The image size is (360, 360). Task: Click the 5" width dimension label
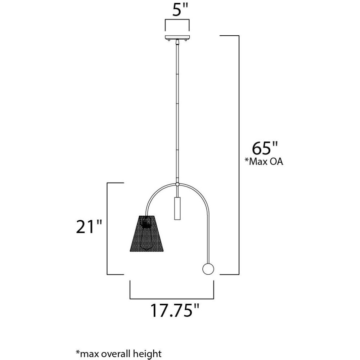click(180, 10)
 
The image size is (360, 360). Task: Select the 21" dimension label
click(89, 226)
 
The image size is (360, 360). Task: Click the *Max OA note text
click(264, 161)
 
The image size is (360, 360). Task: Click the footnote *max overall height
click(118, 354)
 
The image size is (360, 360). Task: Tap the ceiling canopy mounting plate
click(177, 37)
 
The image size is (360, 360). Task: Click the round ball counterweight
click(208, 269)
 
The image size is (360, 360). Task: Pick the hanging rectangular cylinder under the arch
click(177, 208)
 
